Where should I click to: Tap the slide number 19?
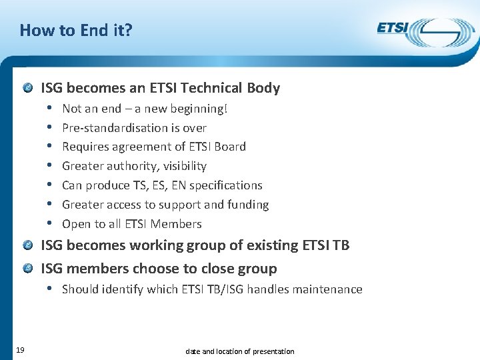click(20, 350)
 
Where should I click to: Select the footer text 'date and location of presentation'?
click(239, 351)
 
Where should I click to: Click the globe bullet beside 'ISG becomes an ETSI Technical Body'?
click(27, 88)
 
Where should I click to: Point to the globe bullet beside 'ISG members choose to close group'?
click(27, 269)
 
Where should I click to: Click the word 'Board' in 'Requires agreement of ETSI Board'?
click(229, 147)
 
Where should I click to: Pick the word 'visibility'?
click(182, 166)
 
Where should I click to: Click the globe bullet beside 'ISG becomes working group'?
click(27, 245)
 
